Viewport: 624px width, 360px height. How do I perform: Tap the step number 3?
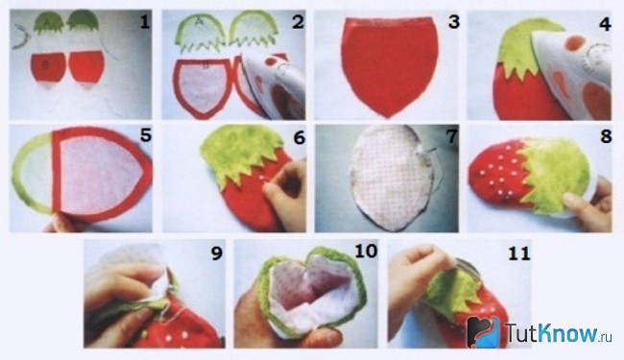(x=454, y=22)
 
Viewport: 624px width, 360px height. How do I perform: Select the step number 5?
(x=146, y=135)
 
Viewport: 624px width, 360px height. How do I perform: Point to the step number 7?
(x=452, y=136)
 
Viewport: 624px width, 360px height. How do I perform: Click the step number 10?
(x=366, y=251)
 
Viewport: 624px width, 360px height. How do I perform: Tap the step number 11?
(x=519, y=253)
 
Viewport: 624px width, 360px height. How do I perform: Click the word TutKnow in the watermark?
(x=552, y=332)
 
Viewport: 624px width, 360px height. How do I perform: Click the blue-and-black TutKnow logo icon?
(x=483, y=331)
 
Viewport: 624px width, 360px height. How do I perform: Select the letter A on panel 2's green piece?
(x=201, y=23)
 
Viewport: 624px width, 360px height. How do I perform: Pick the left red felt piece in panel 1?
(x=48, y=67)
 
